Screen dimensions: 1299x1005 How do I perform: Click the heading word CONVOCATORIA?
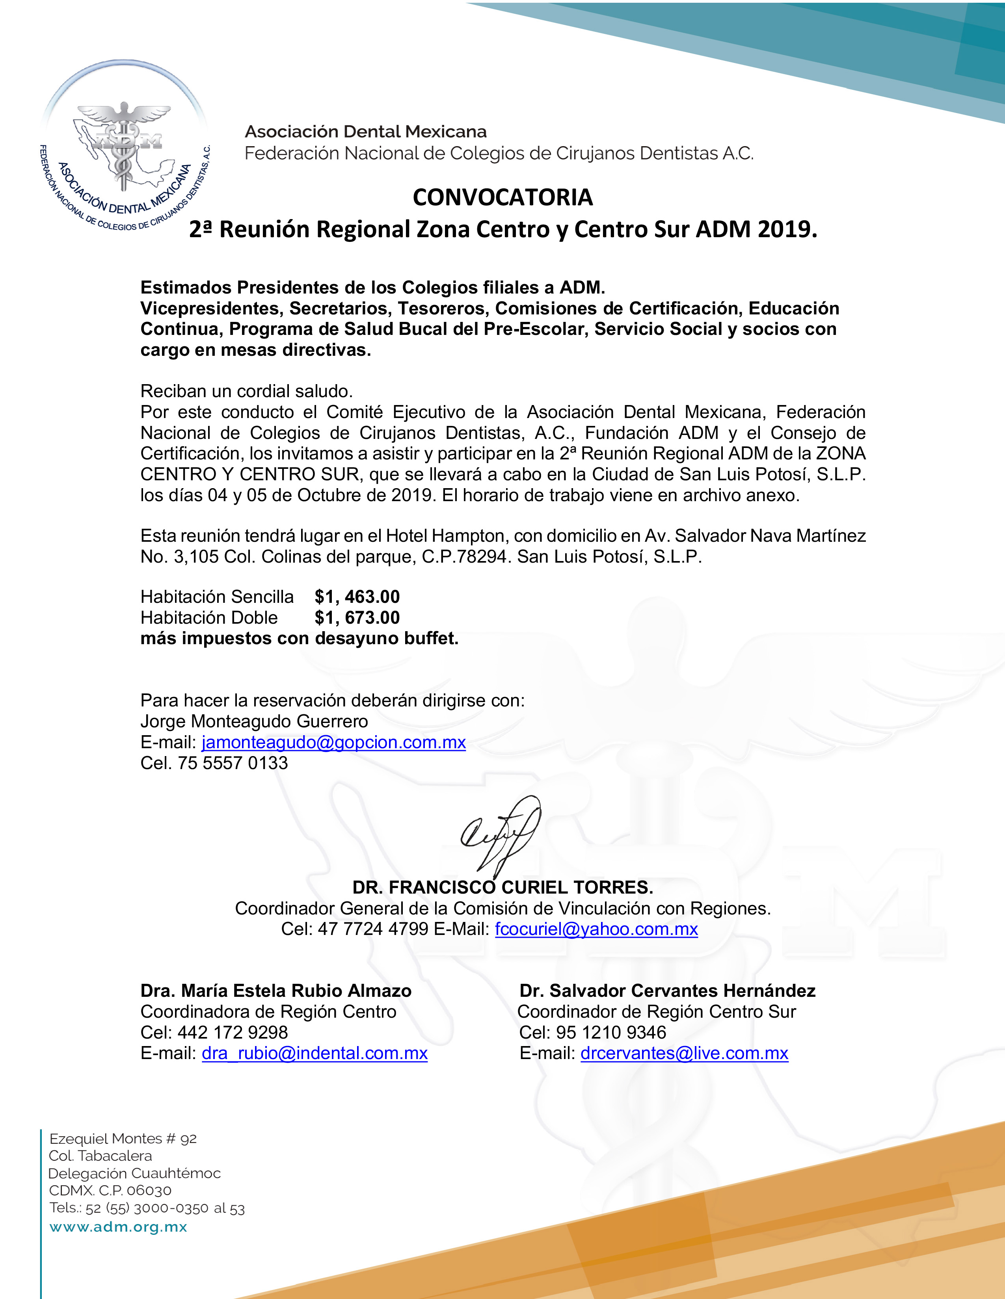pyautogui.click(x=503, y=197)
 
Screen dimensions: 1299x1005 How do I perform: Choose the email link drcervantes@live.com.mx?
pyautogui.click(x=684, y=1054)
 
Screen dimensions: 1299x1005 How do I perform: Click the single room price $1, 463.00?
pyautogui.click(x=357, y=597)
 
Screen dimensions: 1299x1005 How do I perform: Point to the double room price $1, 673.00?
pyautogui.click(x=357, y=617)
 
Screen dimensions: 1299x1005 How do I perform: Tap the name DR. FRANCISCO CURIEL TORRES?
pyautogui.click(x=503, y=887)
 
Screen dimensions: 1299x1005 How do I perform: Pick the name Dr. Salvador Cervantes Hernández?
pyautogui.click(x=667, y=991)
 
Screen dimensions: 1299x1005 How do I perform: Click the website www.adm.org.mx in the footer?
pyautogui.click(x=118, y=1227)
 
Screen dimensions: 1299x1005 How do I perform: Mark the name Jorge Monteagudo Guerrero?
pyautogui.click(x=254, y=721)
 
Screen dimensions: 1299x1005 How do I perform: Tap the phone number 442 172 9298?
pyautogui.click(x=233, y=1033)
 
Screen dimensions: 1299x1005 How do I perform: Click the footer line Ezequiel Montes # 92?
pyautogui.click(x=123, y=1138)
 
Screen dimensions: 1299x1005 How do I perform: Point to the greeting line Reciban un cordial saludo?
pyautogui.click(x=246, y=391)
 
